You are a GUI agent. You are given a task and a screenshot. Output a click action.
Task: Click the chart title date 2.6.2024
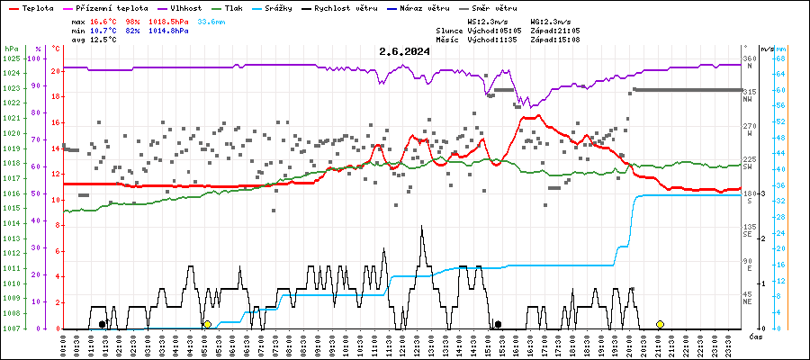[x=404, y=51]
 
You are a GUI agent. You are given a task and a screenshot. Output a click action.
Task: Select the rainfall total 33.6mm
[x=212, y=20]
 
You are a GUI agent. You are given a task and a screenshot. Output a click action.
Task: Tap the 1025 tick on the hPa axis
[x=11, y=58]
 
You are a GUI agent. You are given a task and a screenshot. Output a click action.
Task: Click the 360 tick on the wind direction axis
[x=749, y=58]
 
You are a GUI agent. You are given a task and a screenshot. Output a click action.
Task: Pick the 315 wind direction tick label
[x=749, y=92]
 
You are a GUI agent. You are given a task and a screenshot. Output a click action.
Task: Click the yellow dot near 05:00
[x=207, y=324]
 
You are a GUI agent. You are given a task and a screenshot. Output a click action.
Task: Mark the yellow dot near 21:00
[x=660, y=324]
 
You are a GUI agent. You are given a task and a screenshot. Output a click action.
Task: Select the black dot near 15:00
[x=498, y=324]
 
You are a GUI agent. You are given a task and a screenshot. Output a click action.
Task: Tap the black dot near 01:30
[x=103, y=324]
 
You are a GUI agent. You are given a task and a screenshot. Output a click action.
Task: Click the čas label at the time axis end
[x=756, y=336]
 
